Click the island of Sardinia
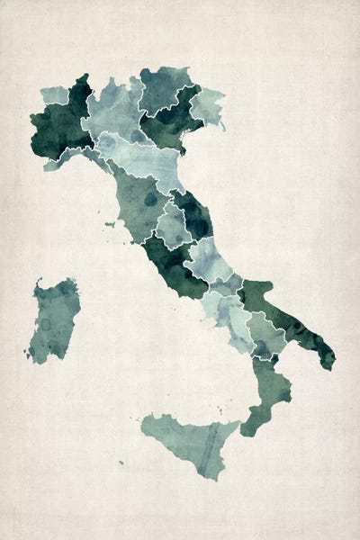[x=52, y=319]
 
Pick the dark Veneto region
[x=171, y=121]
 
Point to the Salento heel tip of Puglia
[x=326, y=355]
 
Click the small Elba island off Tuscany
[x=114, y=223]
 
